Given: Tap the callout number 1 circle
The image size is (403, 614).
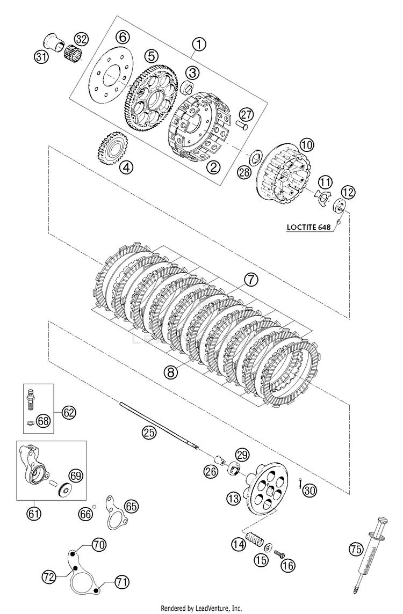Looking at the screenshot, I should [199, 44].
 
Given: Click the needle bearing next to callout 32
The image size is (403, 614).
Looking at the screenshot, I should [70, 54].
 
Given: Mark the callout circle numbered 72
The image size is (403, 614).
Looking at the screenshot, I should [50, 577].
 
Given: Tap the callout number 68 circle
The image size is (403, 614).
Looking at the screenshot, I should [44, 421].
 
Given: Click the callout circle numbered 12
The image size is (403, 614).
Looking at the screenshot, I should [348, 191].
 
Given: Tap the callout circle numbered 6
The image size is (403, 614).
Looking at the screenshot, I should [122, 37].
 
